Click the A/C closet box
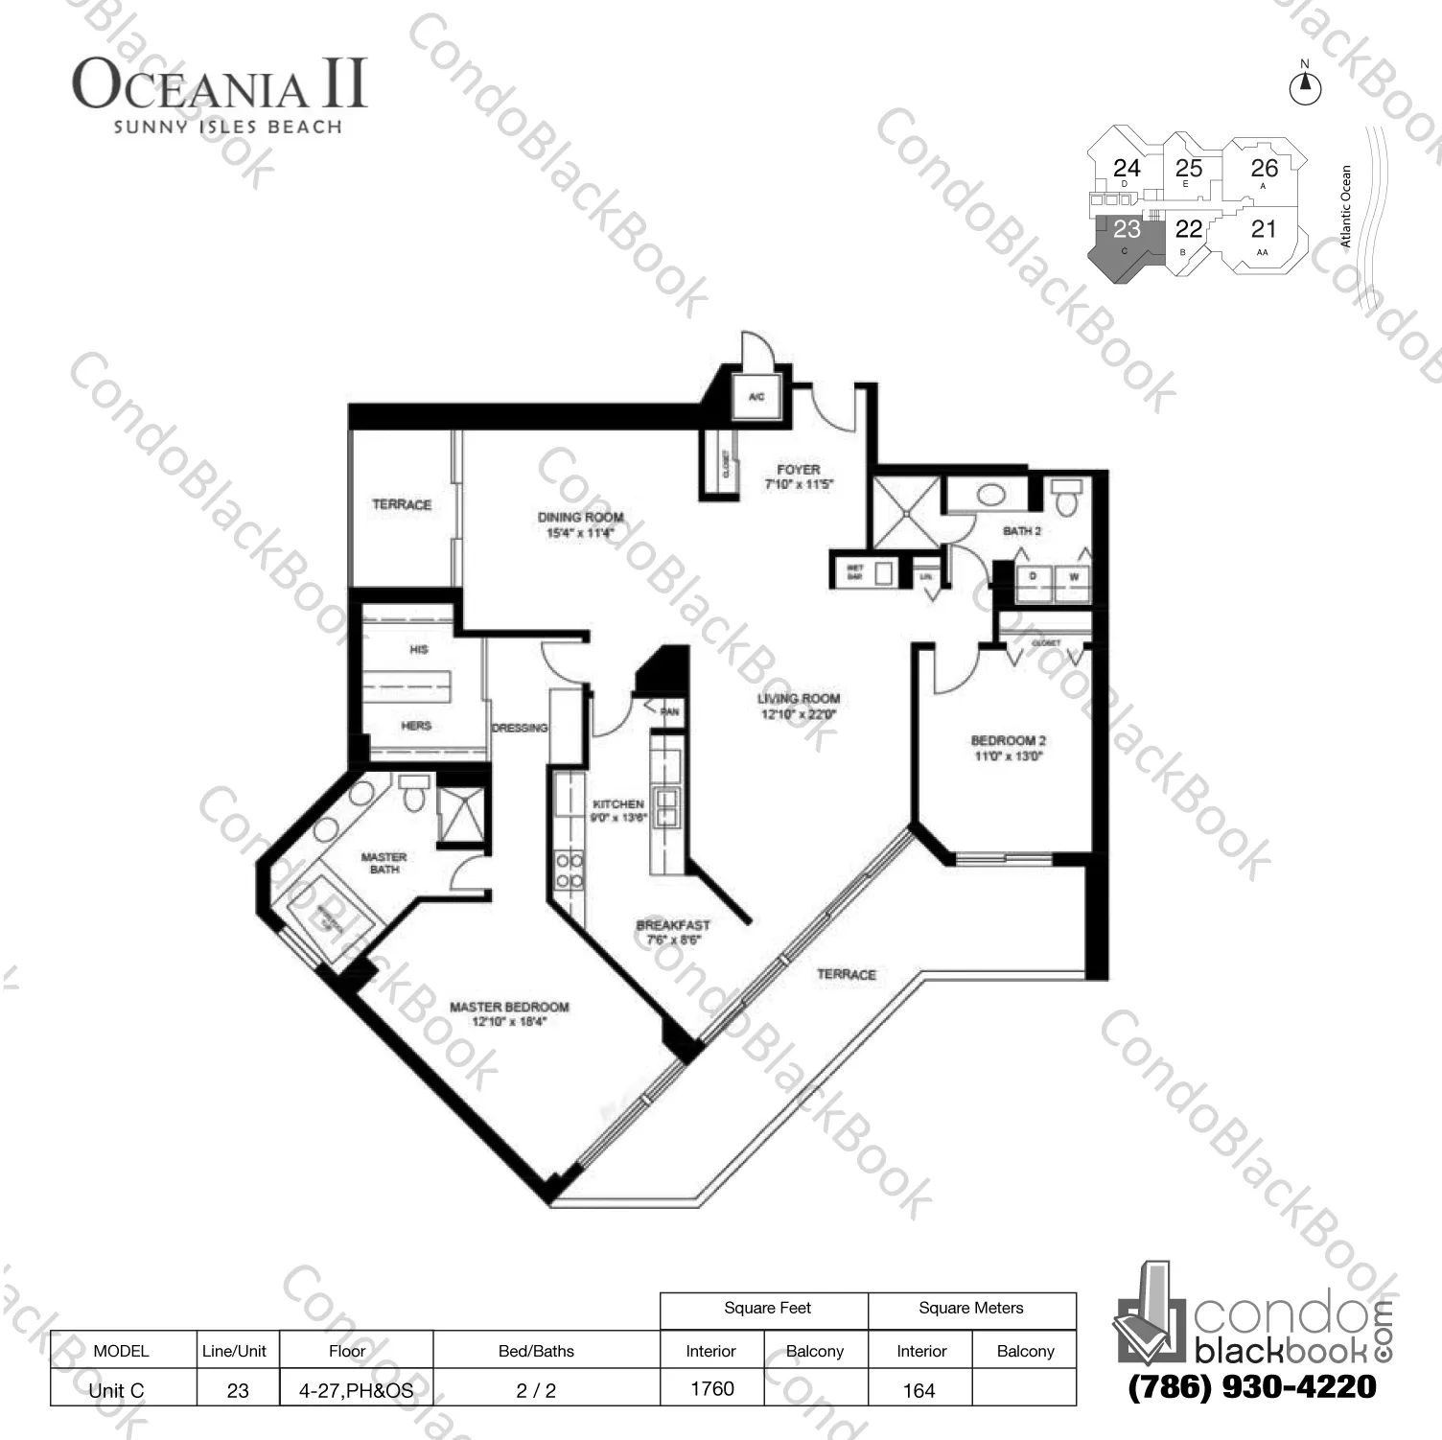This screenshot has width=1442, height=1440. point(756,397)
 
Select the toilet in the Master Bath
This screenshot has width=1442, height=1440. point(414,794)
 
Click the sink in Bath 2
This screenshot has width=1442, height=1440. point(990,496)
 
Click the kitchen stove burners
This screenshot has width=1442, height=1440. point(570,871)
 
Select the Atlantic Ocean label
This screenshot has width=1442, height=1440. point(1346,206)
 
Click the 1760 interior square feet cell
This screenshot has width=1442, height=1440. point(711,1388)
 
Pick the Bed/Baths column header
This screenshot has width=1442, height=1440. point(536,1351)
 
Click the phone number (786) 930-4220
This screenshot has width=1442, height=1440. point(1252,1386)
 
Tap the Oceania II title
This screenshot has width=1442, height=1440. point(220,85)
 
